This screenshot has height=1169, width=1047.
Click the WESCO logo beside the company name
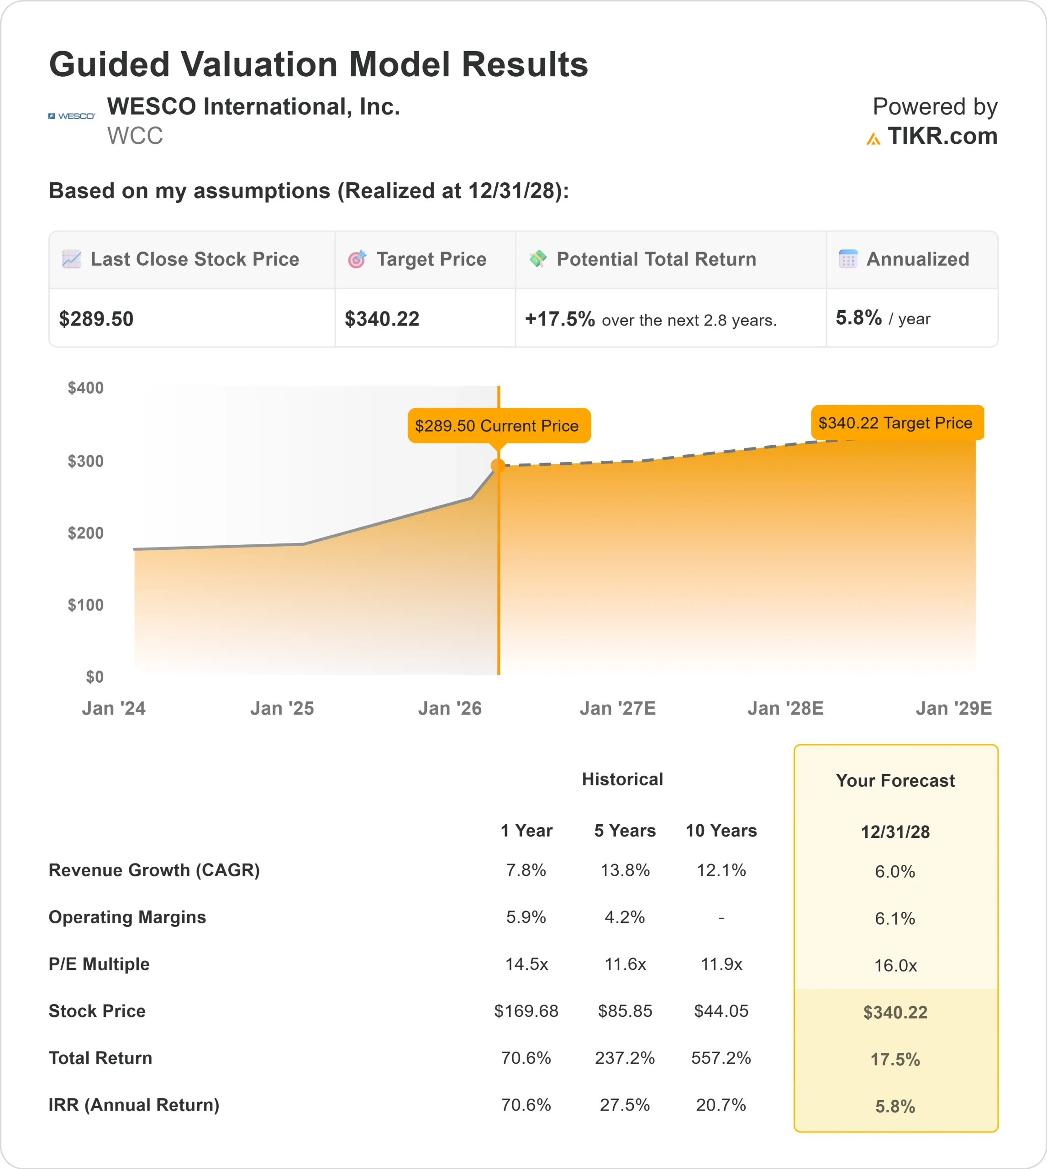click(71, 116)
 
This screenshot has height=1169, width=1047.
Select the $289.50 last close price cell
click(96, 319)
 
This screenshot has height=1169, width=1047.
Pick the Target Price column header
click(431, 259)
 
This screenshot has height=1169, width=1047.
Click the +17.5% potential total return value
click(559, 319)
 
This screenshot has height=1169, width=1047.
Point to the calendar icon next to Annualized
click(848, 259)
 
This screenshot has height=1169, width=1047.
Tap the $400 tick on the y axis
click(86, 388)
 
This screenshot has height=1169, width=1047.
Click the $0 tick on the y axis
click(95, 677)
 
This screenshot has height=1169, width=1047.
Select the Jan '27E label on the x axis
click(617, 708)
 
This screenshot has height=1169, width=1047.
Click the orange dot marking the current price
click(498, 466)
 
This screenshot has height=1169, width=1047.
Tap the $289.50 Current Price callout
click(499, 426)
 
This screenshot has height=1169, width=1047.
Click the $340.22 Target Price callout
click(896, 423)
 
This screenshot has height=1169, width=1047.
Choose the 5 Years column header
click(625, 831)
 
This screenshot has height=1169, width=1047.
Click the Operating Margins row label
click(127, 917)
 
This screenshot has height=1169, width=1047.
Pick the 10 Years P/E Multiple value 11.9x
click(721, 964)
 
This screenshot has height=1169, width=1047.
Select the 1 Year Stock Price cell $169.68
click(526, 1011)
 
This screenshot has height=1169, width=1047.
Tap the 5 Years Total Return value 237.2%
click(625, 1058)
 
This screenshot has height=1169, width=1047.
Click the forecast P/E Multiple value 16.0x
click(895, 966)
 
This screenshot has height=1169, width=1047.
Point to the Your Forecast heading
click(895, 781)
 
